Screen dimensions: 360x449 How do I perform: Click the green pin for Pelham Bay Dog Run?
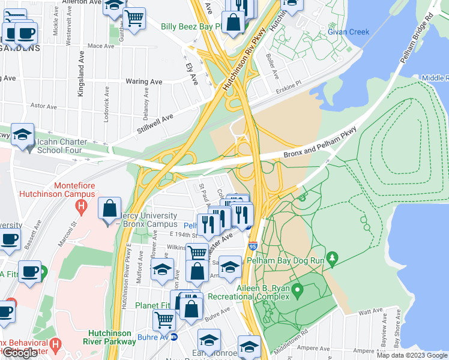(x=333, y=258)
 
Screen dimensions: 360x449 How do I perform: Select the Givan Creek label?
(x=348, y=31)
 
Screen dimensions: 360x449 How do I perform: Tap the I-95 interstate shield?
(x=253, y=247)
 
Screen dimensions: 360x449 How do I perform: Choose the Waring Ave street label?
(x=144, y=81)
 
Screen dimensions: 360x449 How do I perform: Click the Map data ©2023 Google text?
(x=412, y=355)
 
